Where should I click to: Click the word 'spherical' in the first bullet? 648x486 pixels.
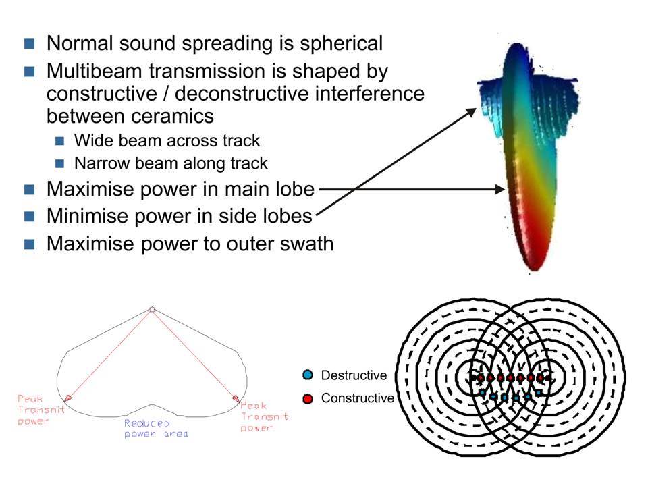pyautogui.click(x=341, y=44)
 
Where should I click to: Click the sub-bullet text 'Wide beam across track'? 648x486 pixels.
pyautogui.click(x=167, y=141)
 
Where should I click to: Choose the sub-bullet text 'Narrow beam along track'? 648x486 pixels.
pyautogui.click(x=171, y=163)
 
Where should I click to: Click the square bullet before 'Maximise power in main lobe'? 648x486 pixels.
pyautogui.click(x=29, y=190)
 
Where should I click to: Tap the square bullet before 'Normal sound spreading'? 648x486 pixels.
pyautogui.click(x=29, y=44)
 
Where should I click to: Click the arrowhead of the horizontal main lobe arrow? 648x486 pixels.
pyautogui.click(x=500, y=189)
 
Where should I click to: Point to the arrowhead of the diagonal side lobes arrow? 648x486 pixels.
pyautogui.click(x=472, y=112)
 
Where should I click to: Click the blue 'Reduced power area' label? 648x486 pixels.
pyautogui.click(x=156, y=429)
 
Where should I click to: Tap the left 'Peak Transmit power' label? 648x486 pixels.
pyautogui.click(x=41, y=410)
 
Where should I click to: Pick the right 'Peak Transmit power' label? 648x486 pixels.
pyautogui.click(x=265, y=416)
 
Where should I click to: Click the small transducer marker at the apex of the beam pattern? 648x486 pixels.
pyautogui.click(x=152, y=309)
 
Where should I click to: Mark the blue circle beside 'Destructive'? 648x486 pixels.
pyautogui.click(x=308, y=375)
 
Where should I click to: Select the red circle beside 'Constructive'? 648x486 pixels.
pyautogui.click(x=308, y=398)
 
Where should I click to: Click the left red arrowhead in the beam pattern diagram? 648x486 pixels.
pyautogui.click(x=67, y=398)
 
